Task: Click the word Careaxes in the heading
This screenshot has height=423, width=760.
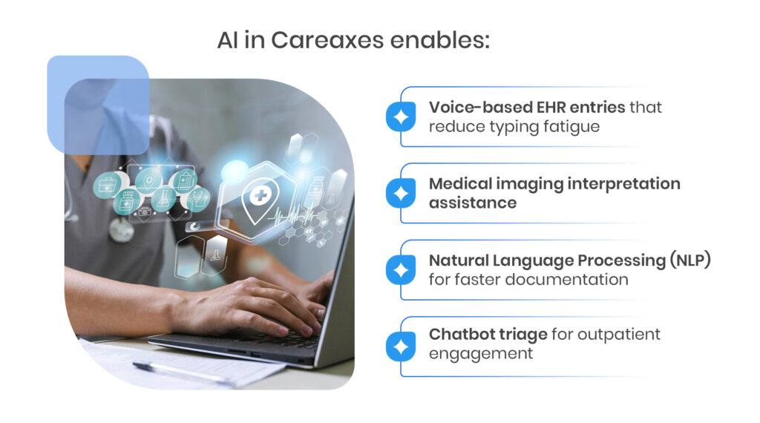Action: coord(327,40)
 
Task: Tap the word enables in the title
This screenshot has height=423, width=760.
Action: coord(439,40)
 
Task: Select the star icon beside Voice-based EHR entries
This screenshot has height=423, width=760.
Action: coord(401,117)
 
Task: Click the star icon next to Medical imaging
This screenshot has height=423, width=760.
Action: coord(401,194)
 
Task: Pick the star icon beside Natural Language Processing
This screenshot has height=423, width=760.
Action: coord(401,270)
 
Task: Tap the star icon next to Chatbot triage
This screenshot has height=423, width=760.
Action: coord(401,347)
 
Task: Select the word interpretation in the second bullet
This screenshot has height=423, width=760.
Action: coord(623,184)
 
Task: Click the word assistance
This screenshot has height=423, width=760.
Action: coord(473,203)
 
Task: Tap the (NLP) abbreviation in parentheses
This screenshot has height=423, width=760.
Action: coord(690,260)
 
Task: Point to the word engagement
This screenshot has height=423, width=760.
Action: coord(480,354)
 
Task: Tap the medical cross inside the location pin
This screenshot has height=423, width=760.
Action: coord(261,196)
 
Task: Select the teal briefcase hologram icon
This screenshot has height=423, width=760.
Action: coord(107,185)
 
